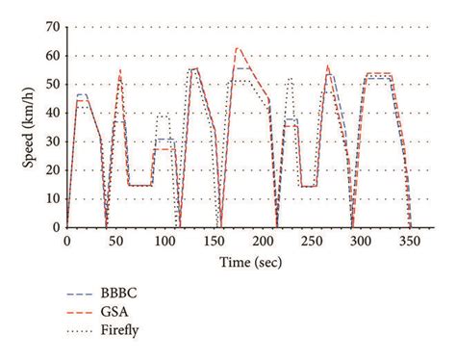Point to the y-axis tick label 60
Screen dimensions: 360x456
[x=52, y=55]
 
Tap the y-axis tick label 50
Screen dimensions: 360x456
[x=52, y=84]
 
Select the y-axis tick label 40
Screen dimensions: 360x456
[x=52, y=113]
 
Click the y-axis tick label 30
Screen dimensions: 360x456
[x=52, y=141]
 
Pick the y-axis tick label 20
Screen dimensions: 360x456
[x=52, y=169]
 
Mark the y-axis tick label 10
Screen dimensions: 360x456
[x=52, y=198]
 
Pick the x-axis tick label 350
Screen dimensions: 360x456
[x=410, y=241]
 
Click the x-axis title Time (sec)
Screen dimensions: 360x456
[x=238, y=261]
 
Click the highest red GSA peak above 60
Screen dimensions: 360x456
[x=237, y=47]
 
